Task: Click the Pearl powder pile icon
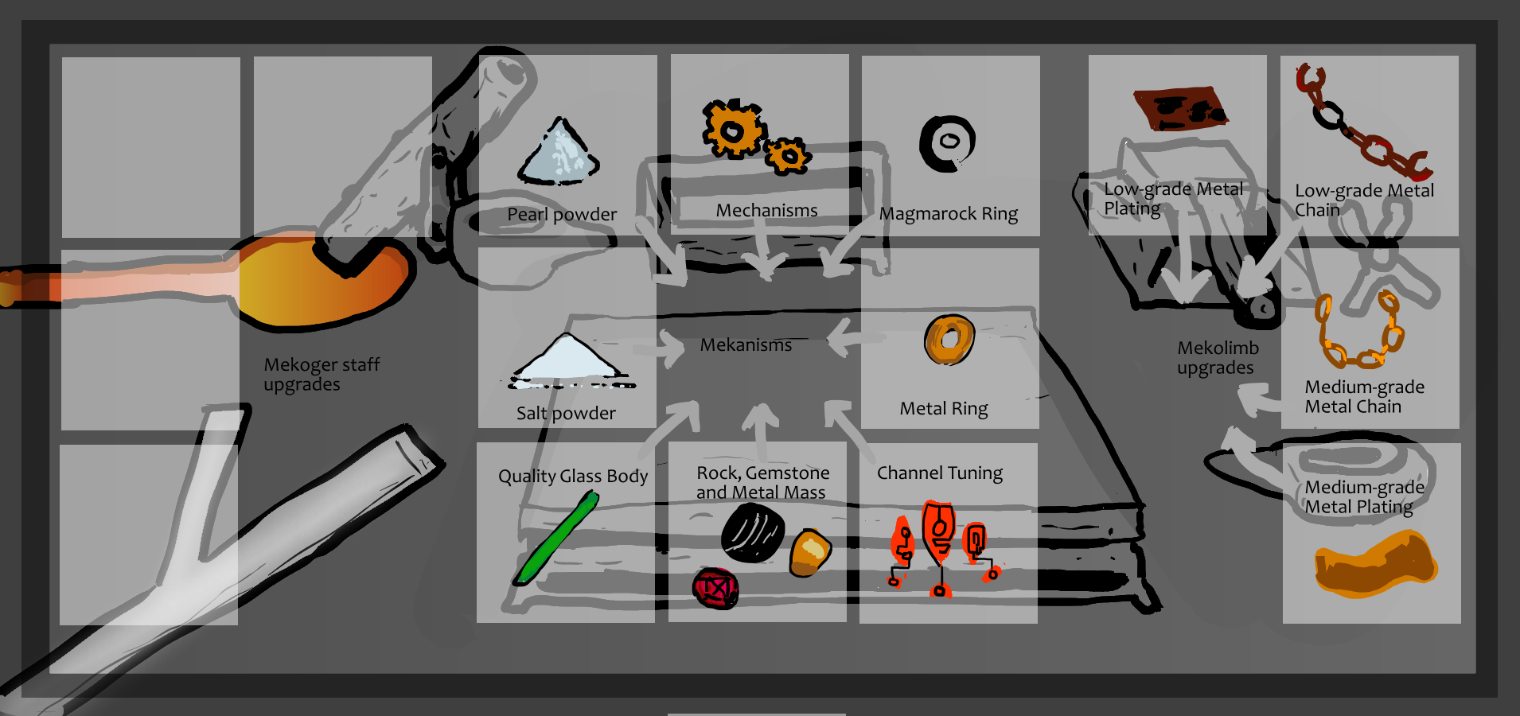(559, 153)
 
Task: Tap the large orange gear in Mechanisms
(732, 129)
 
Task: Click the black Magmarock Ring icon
(947, 143)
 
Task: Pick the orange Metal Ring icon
(949, 340)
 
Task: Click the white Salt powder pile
(568, 360)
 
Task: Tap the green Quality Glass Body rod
(556, 539)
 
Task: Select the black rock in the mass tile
(752, 532)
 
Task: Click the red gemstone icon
(715, 589)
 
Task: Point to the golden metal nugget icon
(810, 551)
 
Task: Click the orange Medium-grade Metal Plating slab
(1374, 564)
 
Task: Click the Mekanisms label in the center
(746, 345)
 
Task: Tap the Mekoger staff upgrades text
(321, 374)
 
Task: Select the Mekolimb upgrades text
(1218, 357)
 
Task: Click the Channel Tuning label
(939, 473)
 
